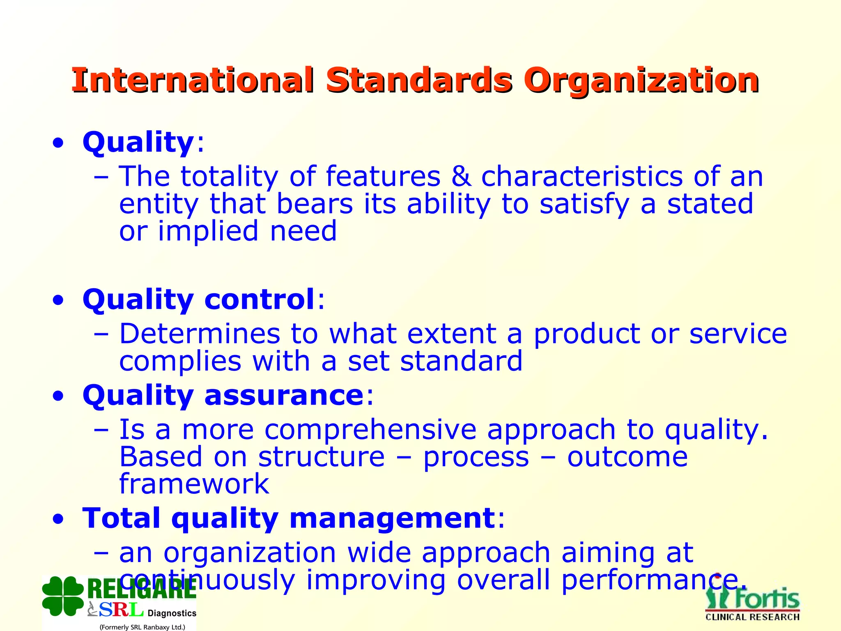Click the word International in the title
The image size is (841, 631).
(x=193, y=80)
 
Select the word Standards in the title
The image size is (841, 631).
(x=419, y=80)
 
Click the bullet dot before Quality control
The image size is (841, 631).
(x=58, y=300)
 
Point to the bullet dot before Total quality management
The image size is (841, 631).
(x=58, y=519)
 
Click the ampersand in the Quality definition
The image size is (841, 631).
(x=461, y=177)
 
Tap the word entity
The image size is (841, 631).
(x=159, y=204)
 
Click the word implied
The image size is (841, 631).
(x=207, y=231)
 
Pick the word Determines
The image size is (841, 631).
(x=200, y=334)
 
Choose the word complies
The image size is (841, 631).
(x=180, y=362)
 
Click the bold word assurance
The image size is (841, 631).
(x=284, y=395)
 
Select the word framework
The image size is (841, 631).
(x=194, y=484)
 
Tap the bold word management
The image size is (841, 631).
(x=392, y=518)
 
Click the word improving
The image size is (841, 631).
(x=376, y=580)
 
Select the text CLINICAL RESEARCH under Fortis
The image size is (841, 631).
(x=752, y=617)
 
